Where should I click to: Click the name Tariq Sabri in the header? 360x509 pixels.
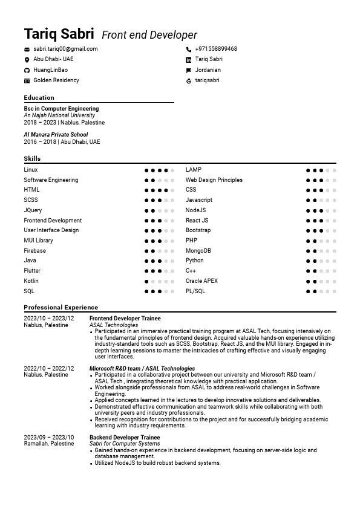(x=59, y=34)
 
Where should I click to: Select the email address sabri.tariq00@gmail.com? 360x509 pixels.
(x=65, y=49)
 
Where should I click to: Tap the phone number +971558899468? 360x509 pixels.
(x=215, y=49)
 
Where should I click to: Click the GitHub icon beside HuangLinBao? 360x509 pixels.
(x=27, y=70)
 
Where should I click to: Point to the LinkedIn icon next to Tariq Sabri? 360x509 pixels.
(x=189, y=60)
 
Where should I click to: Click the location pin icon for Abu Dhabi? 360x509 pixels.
(x=27, y=60)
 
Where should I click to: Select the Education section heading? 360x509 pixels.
(x=39, y=97)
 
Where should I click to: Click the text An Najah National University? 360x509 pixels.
(x=59, y=115)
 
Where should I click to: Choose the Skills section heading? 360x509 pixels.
(x=32, y=158)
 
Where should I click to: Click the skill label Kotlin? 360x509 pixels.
(x=31, y=281)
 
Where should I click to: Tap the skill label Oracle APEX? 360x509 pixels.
(x=201, y=281)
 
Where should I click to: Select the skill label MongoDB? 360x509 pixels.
(x=198, y=251)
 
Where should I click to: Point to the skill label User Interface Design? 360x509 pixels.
(x=51, y=230)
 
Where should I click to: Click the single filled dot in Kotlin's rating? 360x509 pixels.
(x=146, y=282)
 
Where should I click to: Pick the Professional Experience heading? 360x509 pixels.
(x=61, y=307)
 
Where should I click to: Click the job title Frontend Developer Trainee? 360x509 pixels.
(x=125, y=319)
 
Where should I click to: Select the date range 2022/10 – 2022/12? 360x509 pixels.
(x=48, y=368)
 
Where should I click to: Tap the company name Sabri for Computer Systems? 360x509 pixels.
(x=125, y=444)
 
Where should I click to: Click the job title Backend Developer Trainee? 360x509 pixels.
(x=124, y=437)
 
